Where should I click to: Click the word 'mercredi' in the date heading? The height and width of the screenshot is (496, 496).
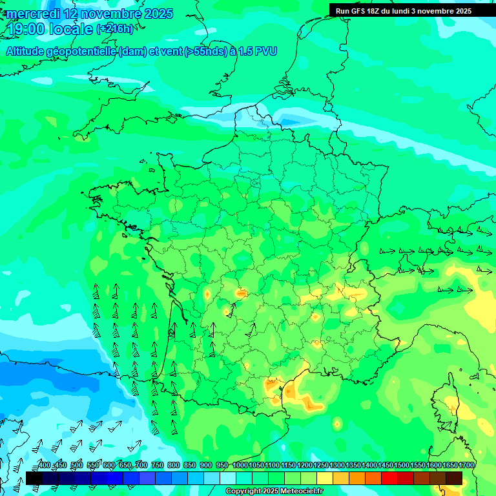32,14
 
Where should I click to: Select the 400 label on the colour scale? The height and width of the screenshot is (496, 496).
44,465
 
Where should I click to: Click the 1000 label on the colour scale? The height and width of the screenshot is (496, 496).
240,465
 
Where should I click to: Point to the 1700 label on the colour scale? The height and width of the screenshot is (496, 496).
466,465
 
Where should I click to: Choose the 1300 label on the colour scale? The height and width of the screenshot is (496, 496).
336,465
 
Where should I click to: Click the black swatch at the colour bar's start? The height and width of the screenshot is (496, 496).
34,478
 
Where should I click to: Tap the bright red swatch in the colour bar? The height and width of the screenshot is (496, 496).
389,478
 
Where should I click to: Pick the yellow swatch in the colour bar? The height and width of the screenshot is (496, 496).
325,478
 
